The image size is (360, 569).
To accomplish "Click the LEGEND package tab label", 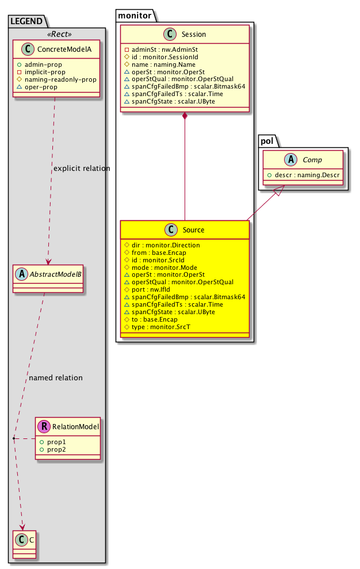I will (x=26, y=22).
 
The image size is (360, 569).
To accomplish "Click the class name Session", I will (x=193, y=35).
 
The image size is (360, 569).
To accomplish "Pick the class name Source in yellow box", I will (x=193, y=230).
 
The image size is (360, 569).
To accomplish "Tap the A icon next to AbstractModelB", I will (x=22, y=274).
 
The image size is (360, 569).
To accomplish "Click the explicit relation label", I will (x=81, y=169).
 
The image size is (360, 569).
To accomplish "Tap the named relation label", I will (x=56, y=378).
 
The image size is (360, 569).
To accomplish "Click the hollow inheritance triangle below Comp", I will (x=277, y=193).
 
